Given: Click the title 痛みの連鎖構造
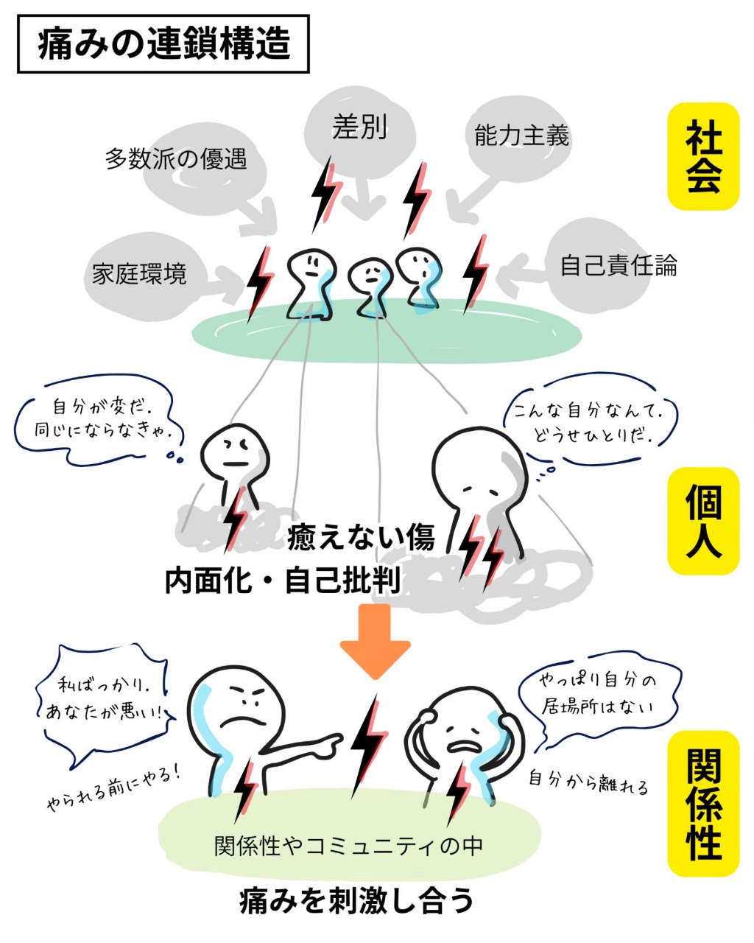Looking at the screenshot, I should coord(163,44).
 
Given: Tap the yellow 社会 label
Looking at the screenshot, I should coord(702,156).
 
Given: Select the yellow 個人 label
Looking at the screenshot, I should coord(702,520).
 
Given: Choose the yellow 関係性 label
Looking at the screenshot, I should coord(702,803).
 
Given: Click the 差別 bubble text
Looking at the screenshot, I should coord(359,127).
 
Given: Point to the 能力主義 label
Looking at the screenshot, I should coord(521,136).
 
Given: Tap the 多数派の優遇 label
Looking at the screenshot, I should coord(175,158).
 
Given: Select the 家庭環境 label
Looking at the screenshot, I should coord(139,274).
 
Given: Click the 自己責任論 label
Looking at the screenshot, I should coord(618,265).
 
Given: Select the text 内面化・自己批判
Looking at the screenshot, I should coord(283,581).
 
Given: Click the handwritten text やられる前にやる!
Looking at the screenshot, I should coord(113,787).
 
